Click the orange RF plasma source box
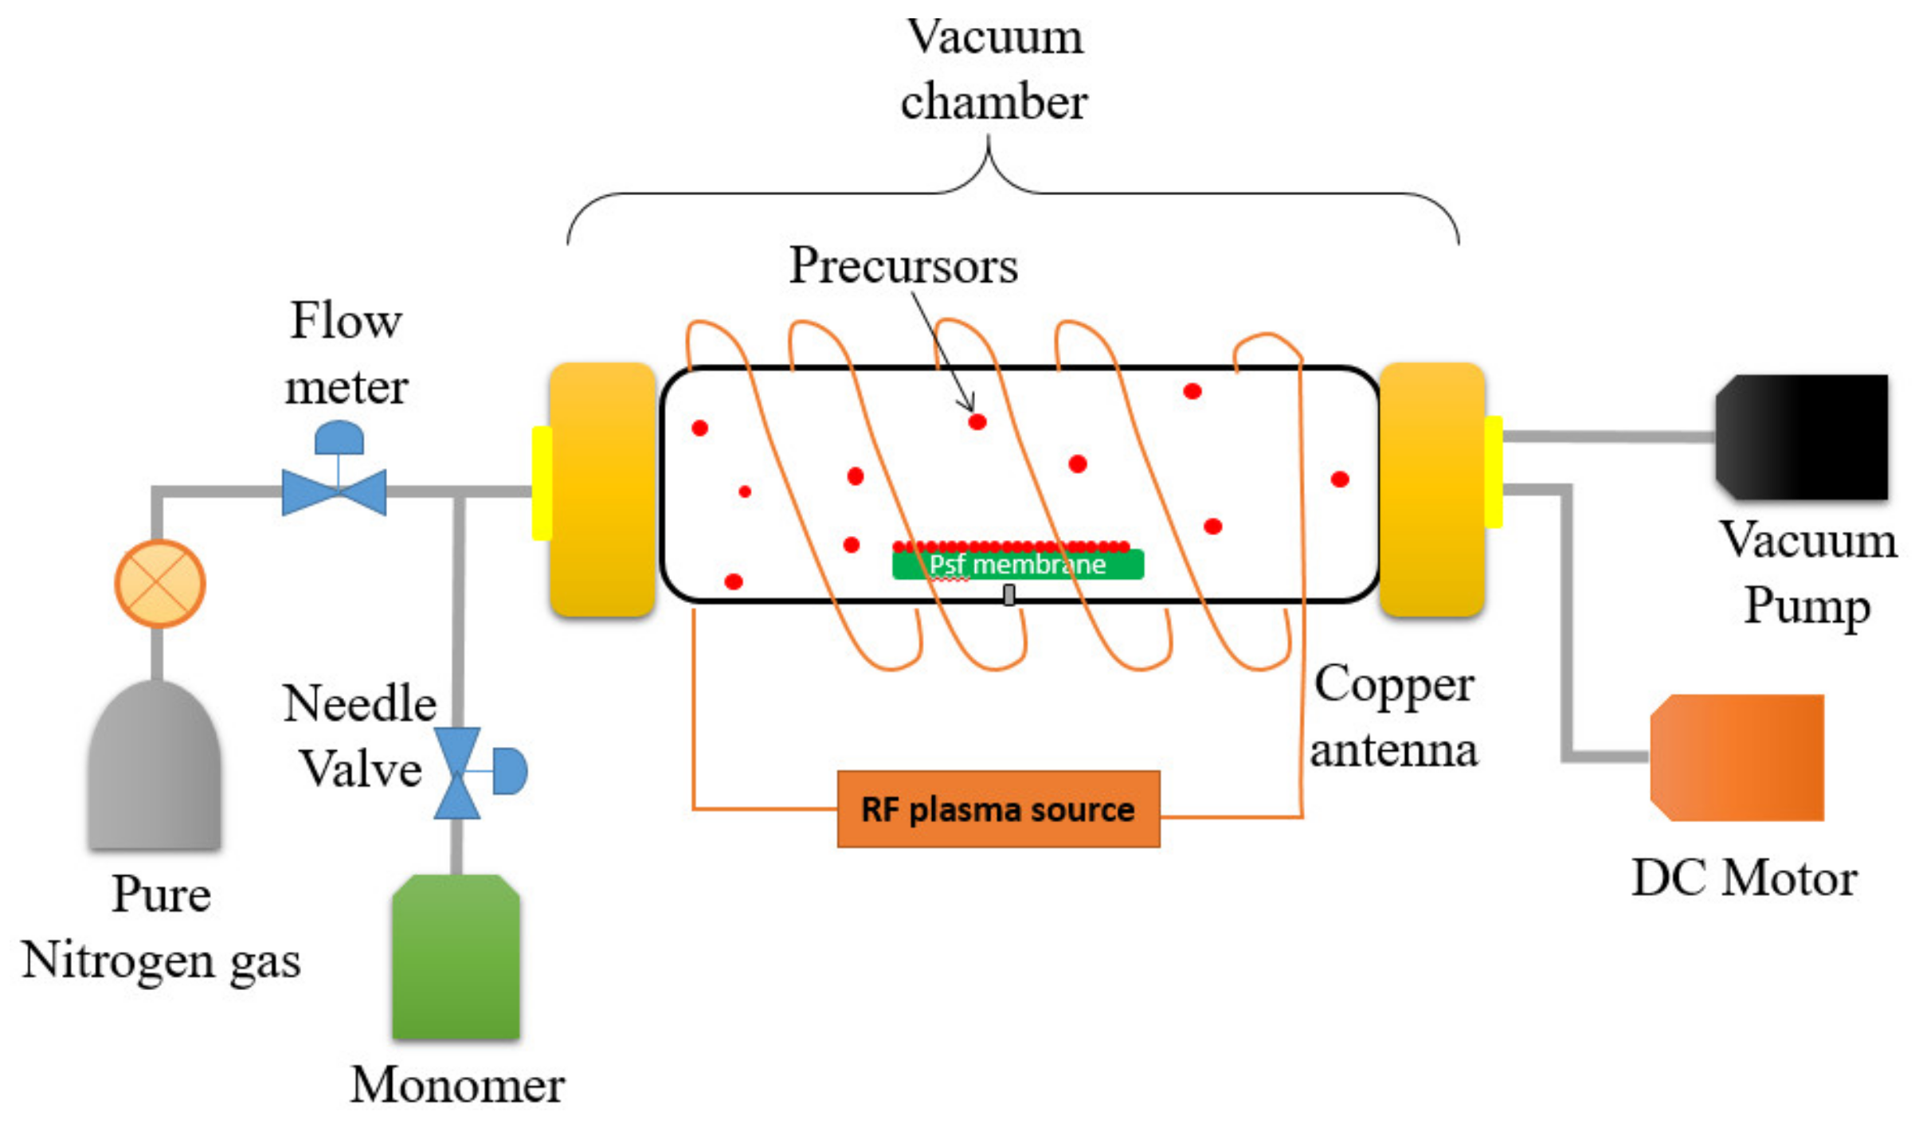coord(997,809)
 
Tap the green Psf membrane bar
coord(1017,564)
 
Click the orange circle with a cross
coord(160,584)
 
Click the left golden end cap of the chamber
coord(602,489)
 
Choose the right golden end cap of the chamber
coord(1431,489)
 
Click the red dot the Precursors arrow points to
coord(977,422)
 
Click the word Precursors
coord(903,265)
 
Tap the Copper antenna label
coord(1394,716)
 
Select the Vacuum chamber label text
coord(994,69)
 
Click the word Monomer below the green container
coord(458,1085)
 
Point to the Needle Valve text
coord(360,736)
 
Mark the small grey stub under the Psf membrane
coord(1009,594)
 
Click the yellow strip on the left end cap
coord(542,483)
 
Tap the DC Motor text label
coord(1745,879)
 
